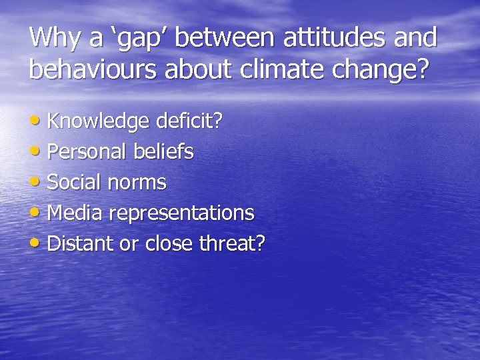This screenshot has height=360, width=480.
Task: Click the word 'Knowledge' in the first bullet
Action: (x=99, y=122)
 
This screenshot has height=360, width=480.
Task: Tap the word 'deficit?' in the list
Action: (x=189, y=121)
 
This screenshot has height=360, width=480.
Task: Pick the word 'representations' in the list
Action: (x=181, y=214)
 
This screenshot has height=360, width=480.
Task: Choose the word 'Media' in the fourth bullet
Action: (x=75, y=213)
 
